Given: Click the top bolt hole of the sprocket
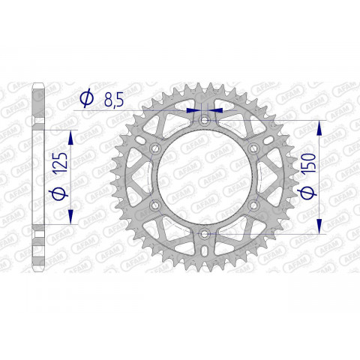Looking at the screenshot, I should pos(205,120).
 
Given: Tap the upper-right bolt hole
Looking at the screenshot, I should pos(253,148).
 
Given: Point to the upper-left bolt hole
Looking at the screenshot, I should pos(155,148).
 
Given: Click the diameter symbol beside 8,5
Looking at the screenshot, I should pos(85,98).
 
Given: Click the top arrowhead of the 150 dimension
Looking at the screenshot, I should pos(320,127).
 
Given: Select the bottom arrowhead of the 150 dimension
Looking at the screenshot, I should pos(320,227).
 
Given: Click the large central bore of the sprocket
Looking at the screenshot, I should pos(205,177).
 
